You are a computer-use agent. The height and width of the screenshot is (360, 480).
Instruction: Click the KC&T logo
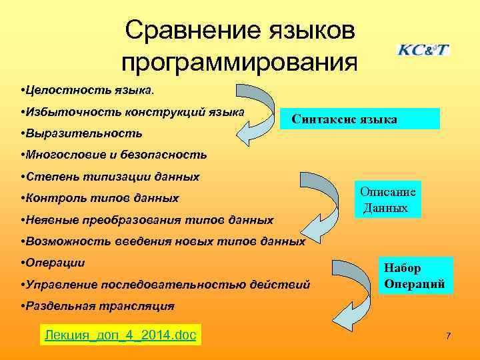click(x=423, y=50)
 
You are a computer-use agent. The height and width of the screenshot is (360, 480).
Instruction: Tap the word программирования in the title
click(x=239, y=62)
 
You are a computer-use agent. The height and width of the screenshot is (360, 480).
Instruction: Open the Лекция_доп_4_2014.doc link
click(x=120, y=335)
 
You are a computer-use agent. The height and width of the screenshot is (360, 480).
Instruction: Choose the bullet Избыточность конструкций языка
click(x=133, y=111)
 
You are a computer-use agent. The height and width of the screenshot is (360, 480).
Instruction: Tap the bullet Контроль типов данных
click(x=100, y=198)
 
